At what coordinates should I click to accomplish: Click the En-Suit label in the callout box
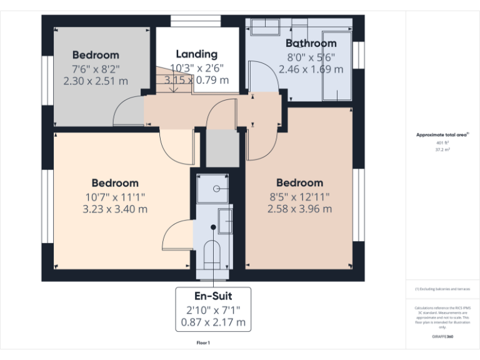[x=214, y=296]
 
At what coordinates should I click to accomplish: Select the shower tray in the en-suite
[x=212, y=188]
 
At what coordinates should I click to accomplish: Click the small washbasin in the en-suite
[x=225, y=221]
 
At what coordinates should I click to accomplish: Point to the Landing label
[x=196, y=54]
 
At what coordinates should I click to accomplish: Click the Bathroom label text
[x=311, y=43]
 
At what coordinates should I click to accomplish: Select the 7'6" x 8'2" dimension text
[x=95, y=68]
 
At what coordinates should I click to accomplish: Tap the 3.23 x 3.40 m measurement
[x=115, y=209]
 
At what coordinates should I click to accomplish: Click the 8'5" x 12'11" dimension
[x=299, y=196]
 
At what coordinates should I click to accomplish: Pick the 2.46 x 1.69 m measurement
[x=311, y=69]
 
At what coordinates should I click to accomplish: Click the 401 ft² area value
[x=442, y=143]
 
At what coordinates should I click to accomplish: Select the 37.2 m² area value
[x=442, y=150]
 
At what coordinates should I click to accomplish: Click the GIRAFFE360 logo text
[x=442, y=336]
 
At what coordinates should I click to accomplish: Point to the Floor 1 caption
[x=203, y=342]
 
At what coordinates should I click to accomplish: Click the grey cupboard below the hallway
[x=222, y=149]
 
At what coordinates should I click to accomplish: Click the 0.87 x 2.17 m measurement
[x=214, y=323]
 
